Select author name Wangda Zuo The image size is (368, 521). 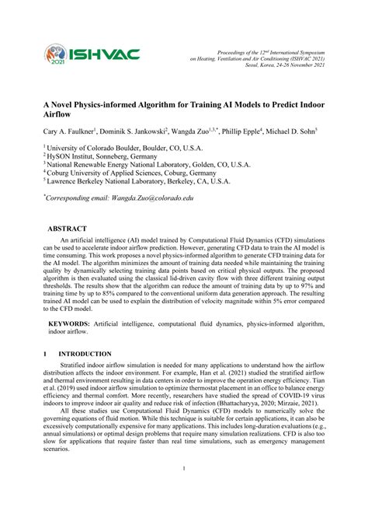203,132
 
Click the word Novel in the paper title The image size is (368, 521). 70,100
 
